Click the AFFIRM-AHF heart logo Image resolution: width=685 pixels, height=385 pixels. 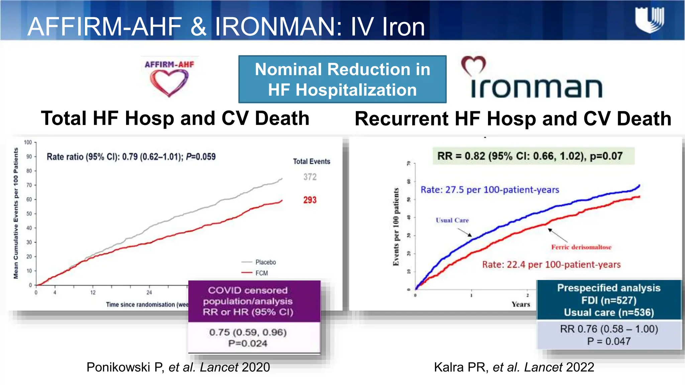(x=169, y=79)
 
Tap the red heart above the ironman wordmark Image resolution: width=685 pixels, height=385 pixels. (x=473, y=66)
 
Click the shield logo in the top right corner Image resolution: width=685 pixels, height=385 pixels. (x=650, y=20)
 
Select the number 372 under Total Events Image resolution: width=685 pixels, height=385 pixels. (x=310, y=177)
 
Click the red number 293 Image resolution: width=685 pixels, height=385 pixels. (x=310, y=200)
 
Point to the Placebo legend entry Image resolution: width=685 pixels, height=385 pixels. (x=265, y=262)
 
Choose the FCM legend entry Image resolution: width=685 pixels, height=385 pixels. (x=261, y=273)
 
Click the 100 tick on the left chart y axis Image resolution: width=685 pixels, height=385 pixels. (x=28, y=142)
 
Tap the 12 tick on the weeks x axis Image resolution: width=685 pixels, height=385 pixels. (x=93, y=293)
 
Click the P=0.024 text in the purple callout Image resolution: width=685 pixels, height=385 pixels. (x=248, y=343)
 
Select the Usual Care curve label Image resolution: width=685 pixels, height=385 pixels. (x=452, y=220)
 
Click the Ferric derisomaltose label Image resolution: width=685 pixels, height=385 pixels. (x=581, y=247)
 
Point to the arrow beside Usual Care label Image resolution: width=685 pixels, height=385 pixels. (x=465, y=232)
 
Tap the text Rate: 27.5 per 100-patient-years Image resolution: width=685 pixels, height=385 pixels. (x=490, y=190)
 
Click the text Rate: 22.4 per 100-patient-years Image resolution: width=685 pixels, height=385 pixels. (x=551, y=265)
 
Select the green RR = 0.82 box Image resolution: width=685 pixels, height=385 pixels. (x=533, y=156)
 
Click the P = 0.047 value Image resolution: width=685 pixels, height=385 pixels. (x=609, y=341)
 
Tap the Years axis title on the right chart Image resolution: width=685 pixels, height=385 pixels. (x=520, y=304)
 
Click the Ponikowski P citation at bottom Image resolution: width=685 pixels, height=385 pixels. (x=178, y=367)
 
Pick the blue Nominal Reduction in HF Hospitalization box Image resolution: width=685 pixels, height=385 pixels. (x=342, y=79)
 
